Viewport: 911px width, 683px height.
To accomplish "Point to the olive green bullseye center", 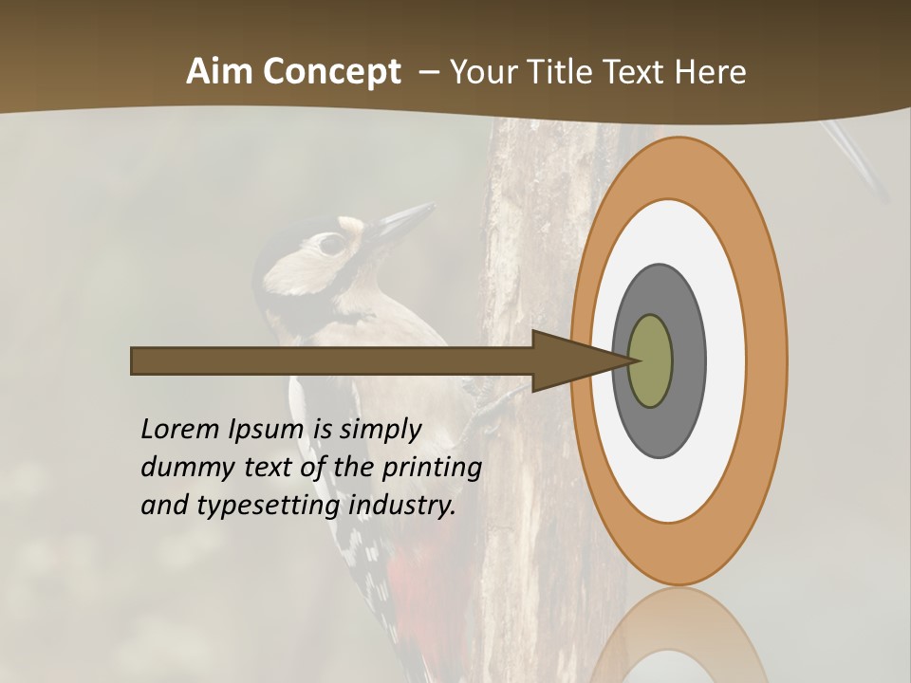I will tap(650, 360).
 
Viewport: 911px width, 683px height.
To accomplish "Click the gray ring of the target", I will tap(688, 360).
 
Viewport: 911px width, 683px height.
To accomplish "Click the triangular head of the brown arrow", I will tap(569, 360).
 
